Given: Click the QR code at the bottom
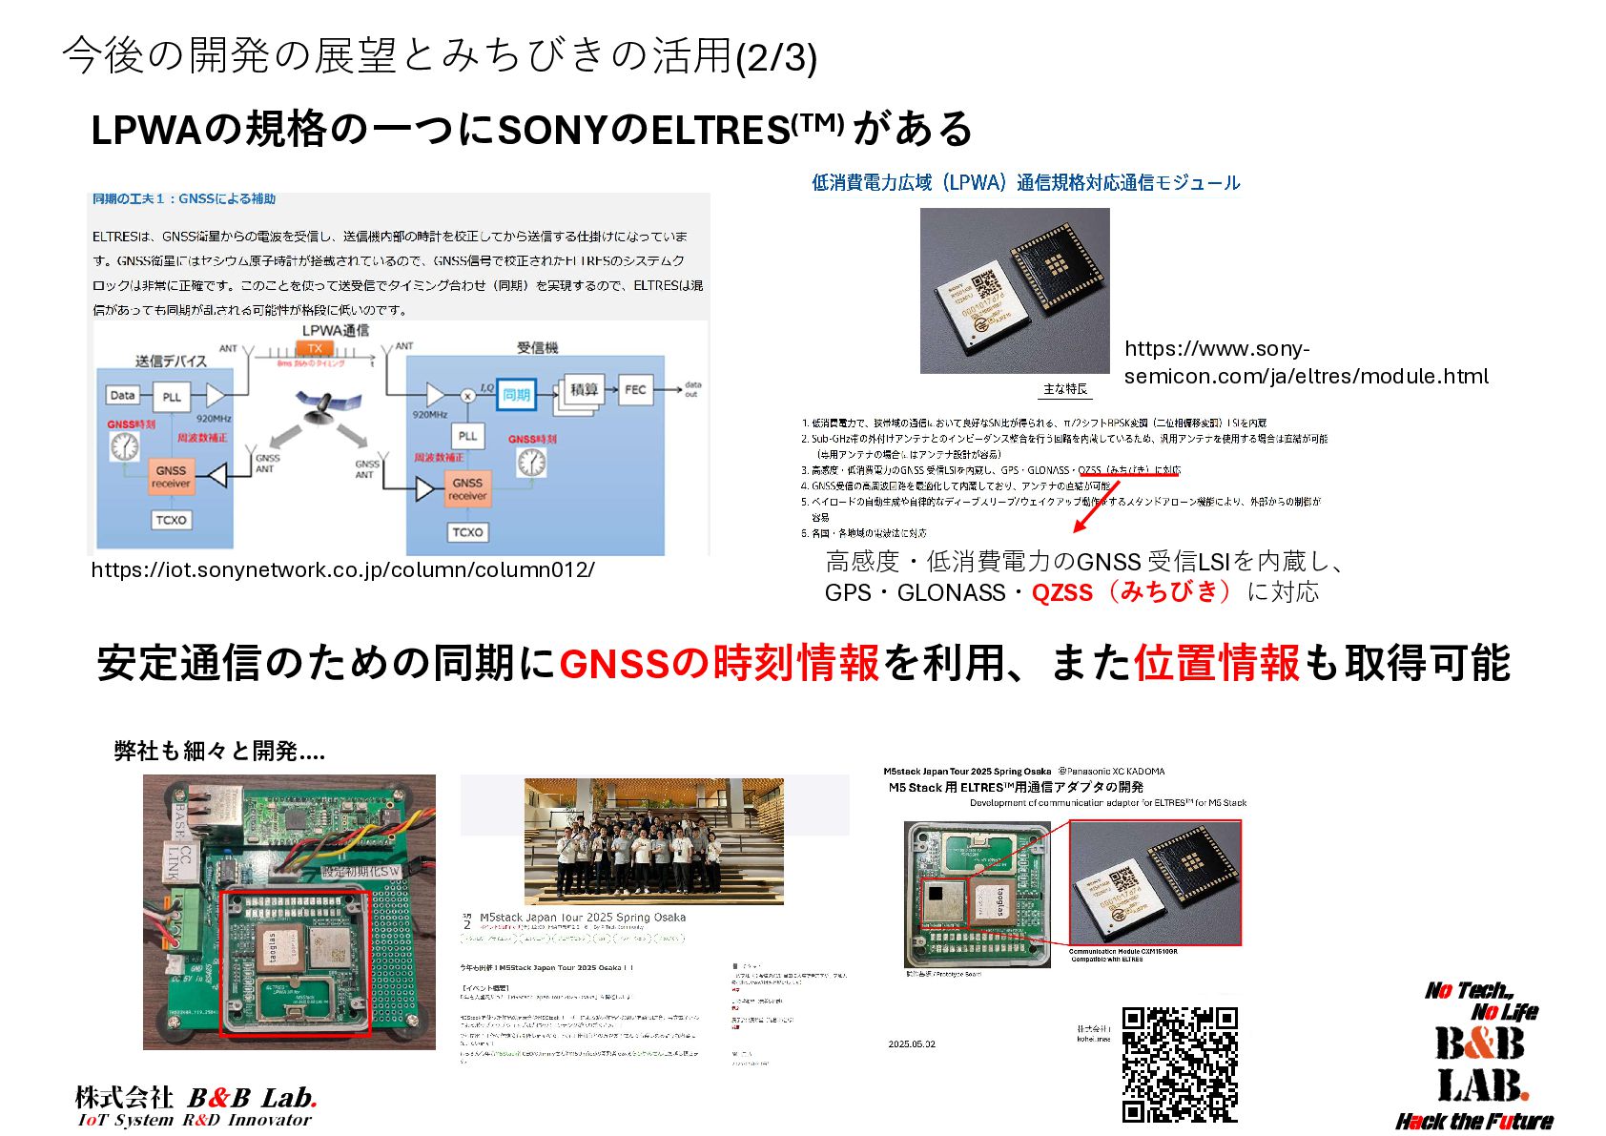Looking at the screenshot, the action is (x=1180, y=1064).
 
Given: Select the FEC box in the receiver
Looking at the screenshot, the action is (x=635, y=389).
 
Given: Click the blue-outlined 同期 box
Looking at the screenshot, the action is (x=516, y=394).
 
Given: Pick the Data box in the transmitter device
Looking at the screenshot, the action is (x=123, y=395).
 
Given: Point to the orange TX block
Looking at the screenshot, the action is (x=315, y=348).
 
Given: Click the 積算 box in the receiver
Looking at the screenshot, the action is (x=583, y=389).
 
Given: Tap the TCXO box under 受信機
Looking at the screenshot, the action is (x=467, y=532).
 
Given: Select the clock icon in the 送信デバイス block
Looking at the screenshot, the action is (x=124, y=445).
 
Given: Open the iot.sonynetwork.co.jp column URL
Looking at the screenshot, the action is (x=342, y=569).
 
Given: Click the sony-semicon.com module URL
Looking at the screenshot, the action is (x=1306, y=362).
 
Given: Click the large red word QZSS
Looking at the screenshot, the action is (x=1061, y=592).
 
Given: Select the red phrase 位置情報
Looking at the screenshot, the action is (x=1216, y=663).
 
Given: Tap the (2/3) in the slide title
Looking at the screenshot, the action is (x=776, y=57).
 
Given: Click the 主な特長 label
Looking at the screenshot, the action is (x=1064, y=389).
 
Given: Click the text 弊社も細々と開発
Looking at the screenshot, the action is (x=219, y=752).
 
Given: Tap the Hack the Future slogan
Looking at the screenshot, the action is (x=1473, y=1121).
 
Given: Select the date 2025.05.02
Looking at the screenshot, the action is (x=912, y=1044).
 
